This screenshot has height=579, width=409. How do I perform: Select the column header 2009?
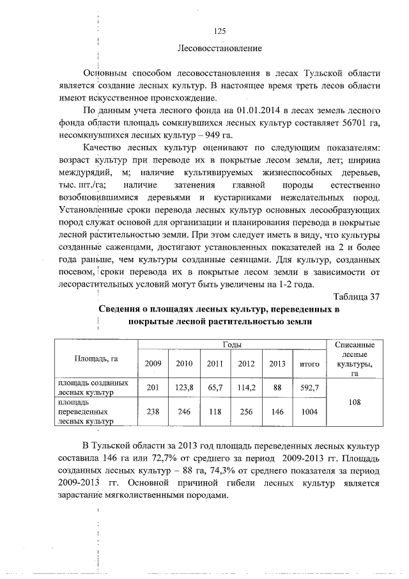(x=153, y=363)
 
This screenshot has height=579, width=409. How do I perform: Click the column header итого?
(x=309, y=364)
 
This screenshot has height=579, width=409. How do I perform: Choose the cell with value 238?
(x=153, y=411)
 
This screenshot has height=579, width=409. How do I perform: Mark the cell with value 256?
(x=246, y=411)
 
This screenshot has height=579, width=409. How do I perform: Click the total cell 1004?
(x=309, y=411)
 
